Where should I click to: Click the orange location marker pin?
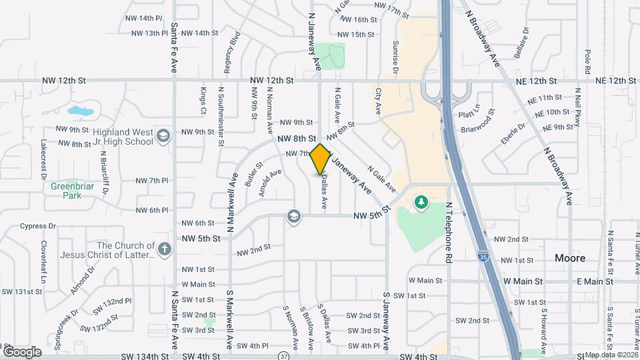(320, 159)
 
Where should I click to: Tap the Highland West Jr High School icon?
(162, 137)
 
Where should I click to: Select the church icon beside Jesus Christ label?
(165, 250)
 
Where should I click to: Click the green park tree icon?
(421, 201)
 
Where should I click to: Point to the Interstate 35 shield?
(482, 255)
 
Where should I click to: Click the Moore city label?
(570, 258)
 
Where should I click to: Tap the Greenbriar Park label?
(66, 191)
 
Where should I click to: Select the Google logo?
(22, 351)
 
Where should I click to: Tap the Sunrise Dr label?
(395, 57)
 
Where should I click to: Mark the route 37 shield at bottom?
(284, 355)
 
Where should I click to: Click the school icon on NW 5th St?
(293, 216)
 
